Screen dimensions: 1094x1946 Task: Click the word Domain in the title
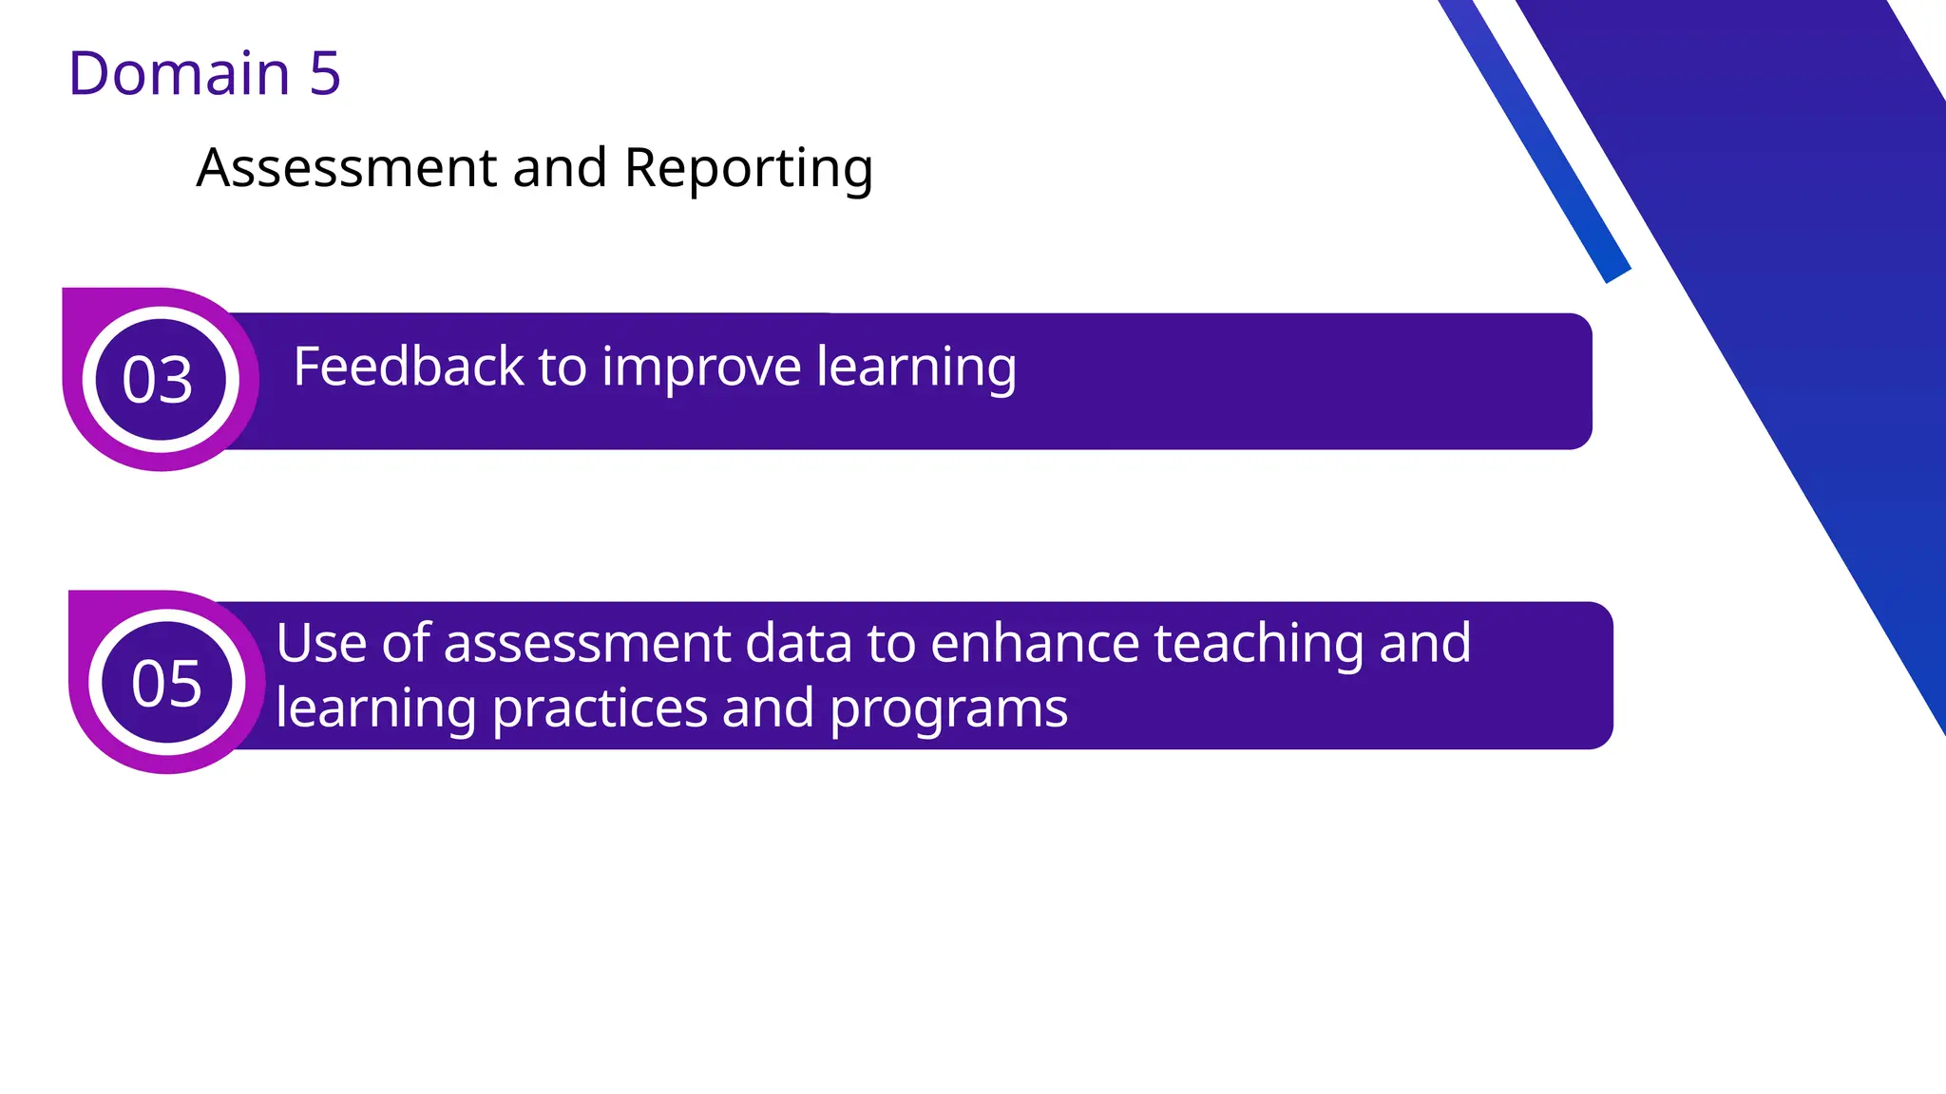tap(179, 73)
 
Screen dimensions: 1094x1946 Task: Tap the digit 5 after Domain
tap(325, 73)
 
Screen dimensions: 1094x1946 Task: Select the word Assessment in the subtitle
tap(346, 168)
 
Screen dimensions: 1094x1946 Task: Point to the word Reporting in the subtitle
tap(748, 170)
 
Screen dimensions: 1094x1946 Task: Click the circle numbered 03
tap(160, 379)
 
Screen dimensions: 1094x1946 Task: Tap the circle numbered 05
tap(166, 682)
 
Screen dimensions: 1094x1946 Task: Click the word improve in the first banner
tap(701, 368)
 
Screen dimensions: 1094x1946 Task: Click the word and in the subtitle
tap(560, 168)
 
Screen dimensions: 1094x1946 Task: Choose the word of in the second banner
tap(405, 643)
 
